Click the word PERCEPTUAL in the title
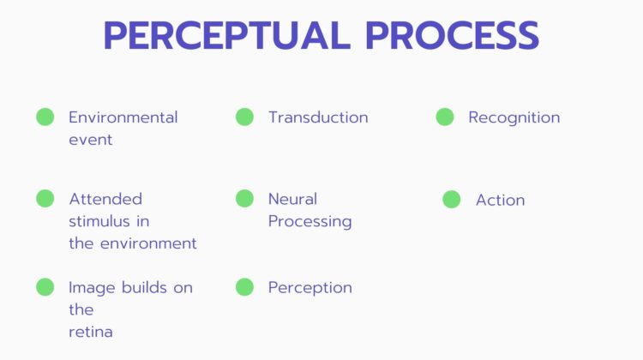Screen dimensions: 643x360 (227, 36)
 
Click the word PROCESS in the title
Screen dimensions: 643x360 (452, 36)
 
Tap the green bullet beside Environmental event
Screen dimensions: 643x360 (45, 117)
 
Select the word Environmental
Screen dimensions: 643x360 (123, 117)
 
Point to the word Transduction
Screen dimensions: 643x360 (318, 117)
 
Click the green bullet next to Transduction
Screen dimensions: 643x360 (245, 117)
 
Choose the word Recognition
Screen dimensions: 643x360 (514, 117)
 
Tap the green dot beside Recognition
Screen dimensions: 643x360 (445, 117)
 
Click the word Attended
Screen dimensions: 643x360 (105, 199)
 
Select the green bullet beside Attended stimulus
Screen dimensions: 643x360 (45, 199)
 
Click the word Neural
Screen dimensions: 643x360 (293, 199)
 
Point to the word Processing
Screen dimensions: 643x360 (310, 222)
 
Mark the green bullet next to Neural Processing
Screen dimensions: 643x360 (245, 199)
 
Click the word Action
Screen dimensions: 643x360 (501, 200)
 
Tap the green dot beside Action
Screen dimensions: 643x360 (452, 199)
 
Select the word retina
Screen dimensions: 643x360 (91, 332)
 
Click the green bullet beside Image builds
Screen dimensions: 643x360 (45, 287)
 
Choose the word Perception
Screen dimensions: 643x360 (310, 288)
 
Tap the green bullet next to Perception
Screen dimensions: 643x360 (245, 287)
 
